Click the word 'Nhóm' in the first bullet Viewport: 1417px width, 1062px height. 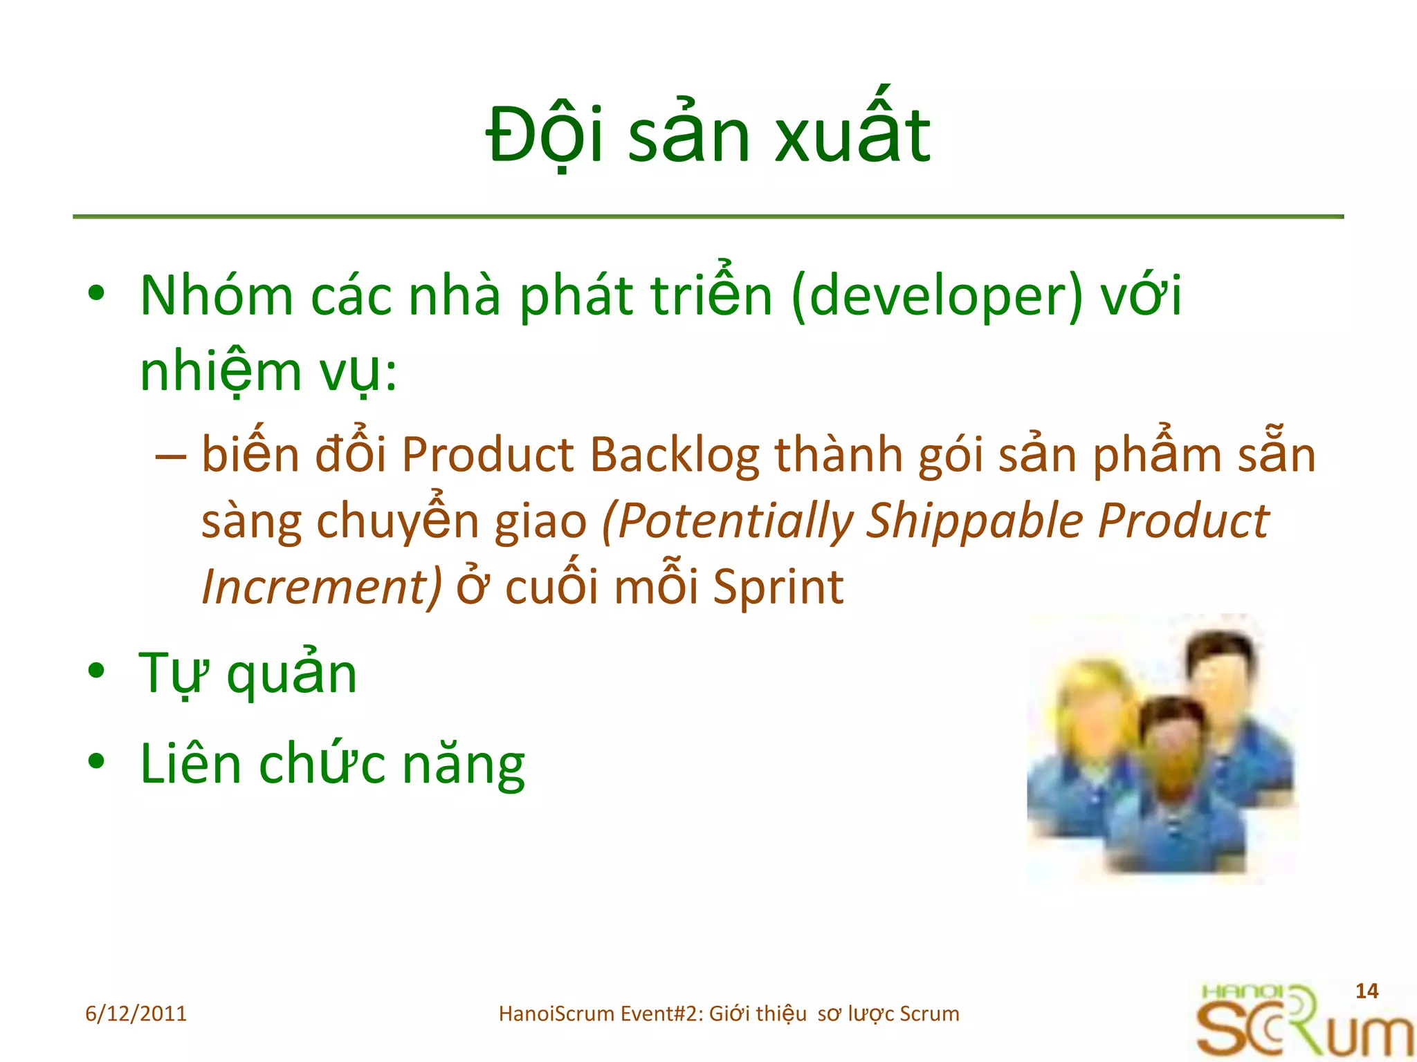tap(217, 296)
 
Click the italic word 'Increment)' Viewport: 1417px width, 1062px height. tap(321, 587)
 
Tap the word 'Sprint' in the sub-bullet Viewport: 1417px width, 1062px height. tap(778, 587)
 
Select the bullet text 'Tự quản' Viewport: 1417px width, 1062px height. tap(248, 674)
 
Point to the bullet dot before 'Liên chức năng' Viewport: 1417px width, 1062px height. tap(96, 762)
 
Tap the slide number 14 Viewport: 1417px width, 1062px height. tap(1366, 991)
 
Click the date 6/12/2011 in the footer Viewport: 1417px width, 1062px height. tap(136, 1014)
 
